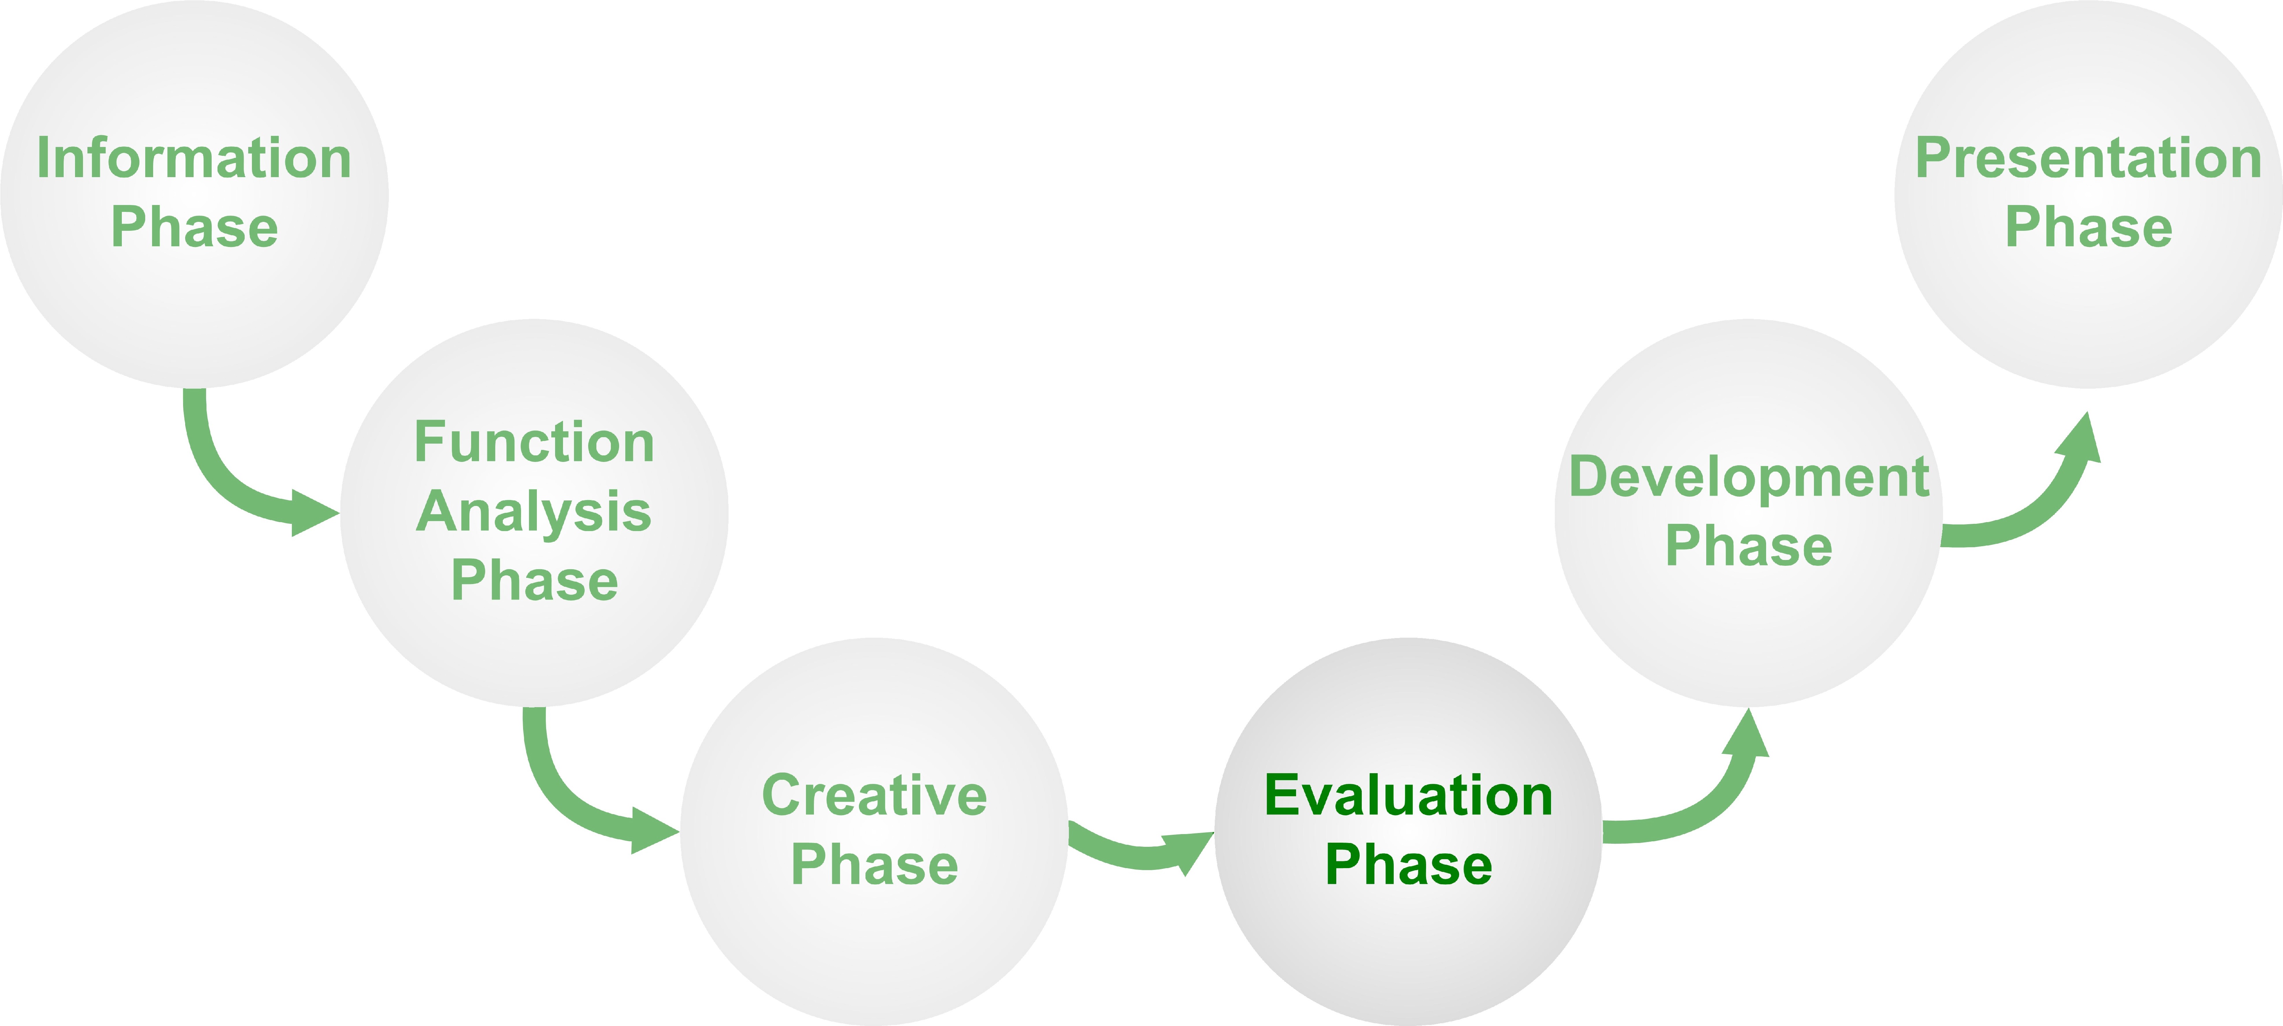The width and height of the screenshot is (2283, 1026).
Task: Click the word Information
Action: click(194, 159)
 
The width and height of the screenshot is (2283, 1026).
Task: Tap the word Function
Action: click(534, 442)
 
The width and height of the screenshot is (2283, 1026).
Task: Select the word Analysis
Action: click(534, 512)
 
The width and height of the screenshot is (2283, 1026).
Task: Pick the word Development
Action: click(1749, 477)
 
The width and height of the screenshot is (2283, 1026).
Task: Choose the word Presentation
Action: click(2088, 159)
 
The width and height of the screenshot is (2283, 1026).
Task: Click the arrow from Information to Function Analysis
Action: click(222, 478)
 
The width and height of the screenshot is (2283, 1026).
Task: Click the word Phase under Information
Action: click(194, 228)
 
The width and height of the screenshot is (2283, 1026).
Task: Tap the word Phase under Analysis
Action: click(534, 581)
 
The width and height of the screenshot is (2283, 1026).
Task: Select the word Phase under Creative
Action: click(875, 865)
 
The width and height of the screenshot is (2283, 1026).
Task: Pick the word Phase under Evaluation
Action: click(1408, 865)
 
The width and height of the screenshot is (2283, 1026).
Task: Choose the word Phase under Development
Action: click(1749, 546)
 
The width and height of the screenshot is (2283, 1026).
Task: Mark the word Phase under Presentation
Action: click(2088, 228)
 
